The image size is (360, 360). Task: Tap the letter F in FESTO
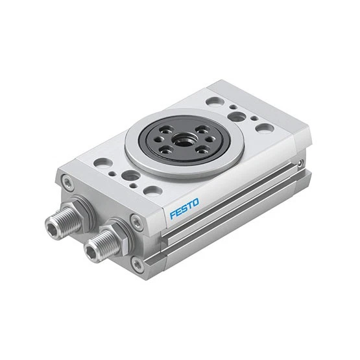(173, 215)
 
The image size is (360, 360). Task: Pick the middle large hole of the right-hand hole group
(237, 117)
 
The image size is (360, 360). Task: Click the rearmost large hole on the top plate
(214, 102)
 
